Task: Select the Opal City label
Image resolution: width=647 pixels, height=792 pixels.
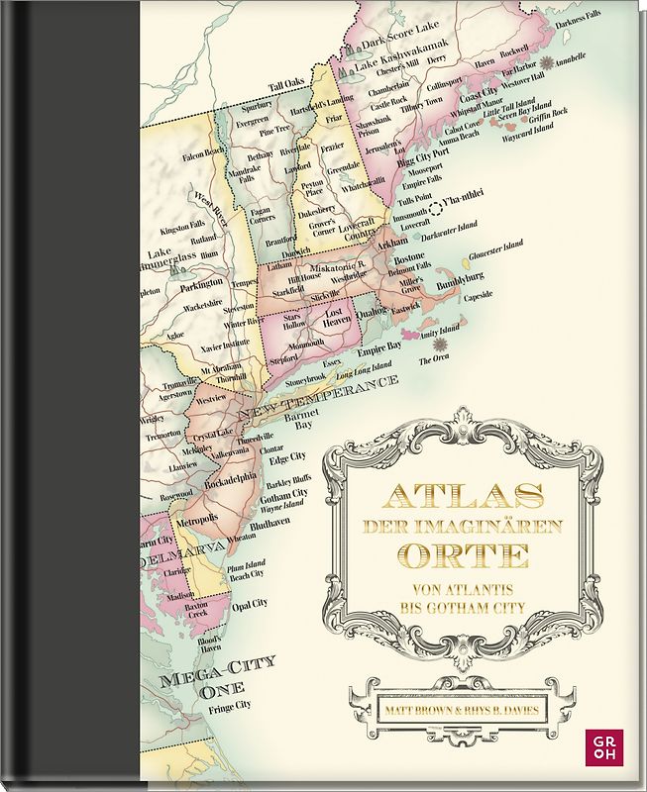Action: tap(251, 604)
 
